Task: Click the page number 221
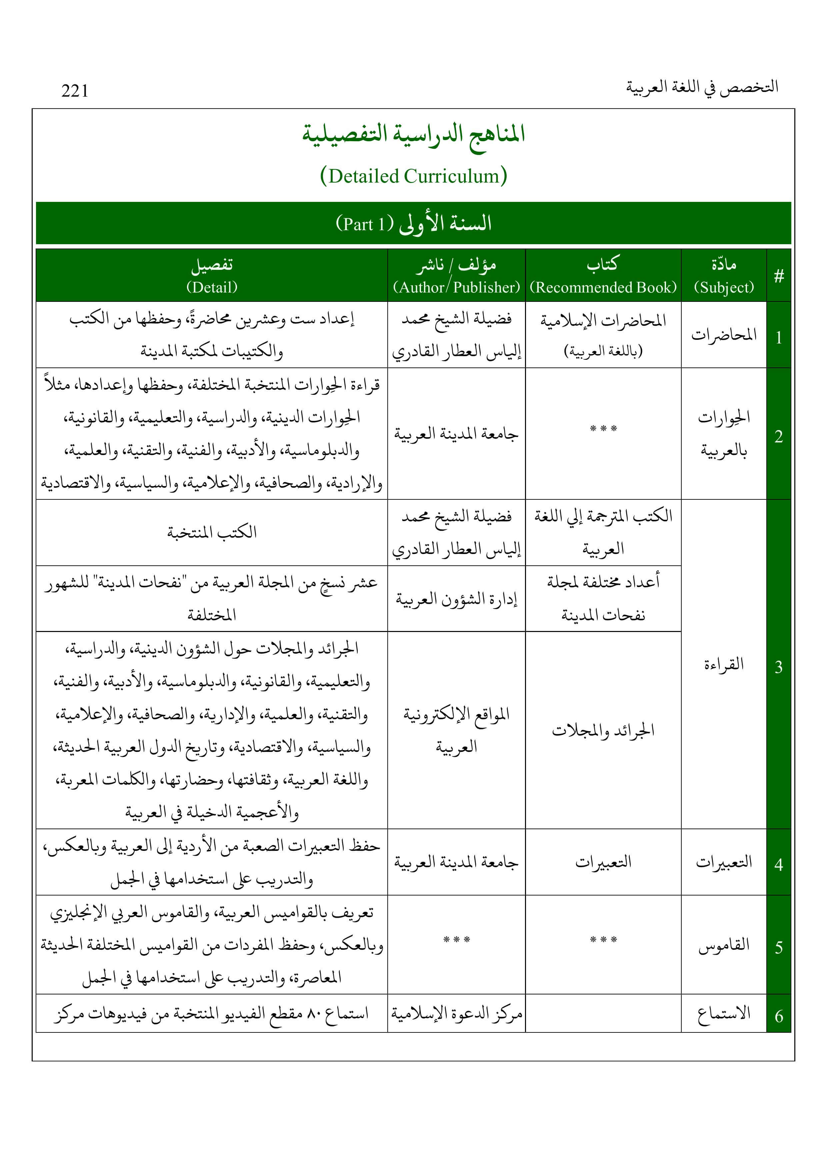75,91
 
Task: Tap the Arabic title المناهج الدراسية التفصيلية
413,134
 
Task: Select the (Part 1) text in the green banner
364,224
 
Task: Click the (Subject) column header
724,288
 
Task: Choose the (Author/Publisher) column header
456,288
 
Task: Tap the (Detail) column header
212,288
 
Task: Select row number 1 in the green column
779,337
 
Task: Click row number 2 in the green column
779,436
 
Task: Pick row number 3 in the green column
779,667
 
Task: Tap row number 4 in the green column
779,865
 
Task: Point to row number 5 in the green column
779,947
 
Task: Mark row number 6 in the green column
779,1017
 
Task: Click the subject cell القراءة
724,664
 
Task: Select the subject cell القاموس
724,945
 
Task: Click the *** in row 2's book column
603,429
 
